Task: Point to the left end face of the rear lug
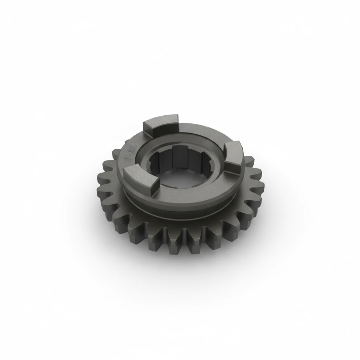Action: tap(148, 129)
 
